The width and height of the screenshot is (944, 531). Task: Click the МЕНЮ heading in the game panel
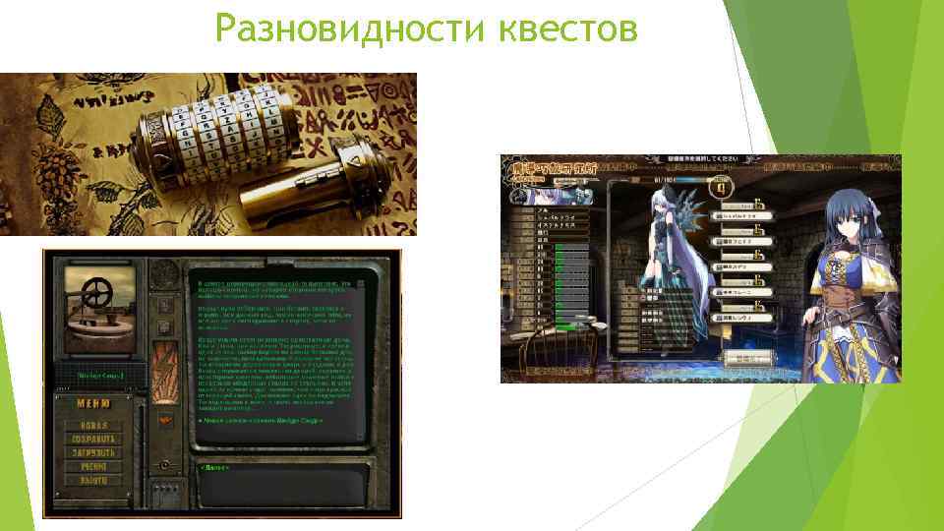(x=94, y=403)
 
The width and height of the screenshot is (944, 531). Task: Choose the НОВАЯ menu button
(x=93, y=425)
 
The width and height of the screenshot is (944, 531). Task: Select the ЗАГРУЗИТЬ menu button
(x=93, y=453)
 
